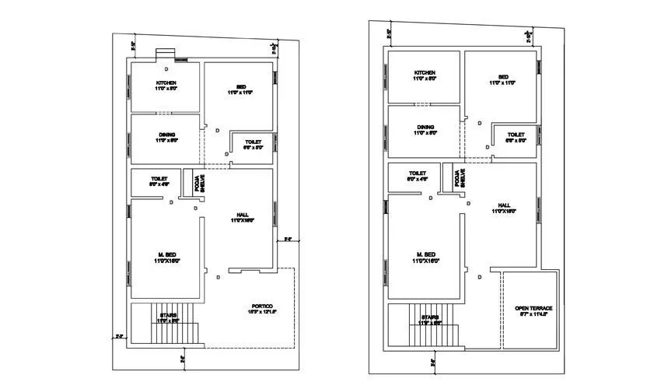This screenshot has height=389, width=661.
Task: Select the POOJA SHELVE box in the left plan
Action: (x=198, y=184)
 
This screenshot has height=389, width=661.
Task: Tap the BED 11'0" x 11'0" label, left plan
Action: (x=241, y=89)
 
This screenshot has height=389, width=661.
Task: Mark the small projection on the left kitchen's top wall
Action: (x=166, y=54)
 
